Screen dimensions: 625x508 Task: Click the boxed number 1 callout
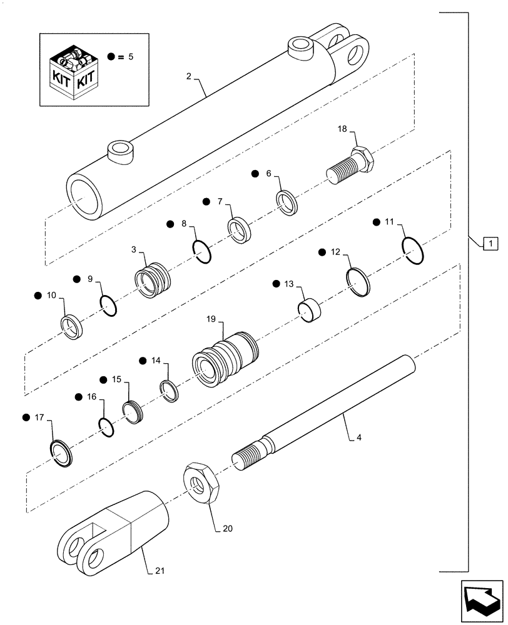coord(491,242)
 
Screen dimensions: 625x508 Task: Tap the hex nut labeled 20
coord(201,482)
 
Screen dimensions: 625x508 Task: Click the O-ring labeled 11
coord(414,251)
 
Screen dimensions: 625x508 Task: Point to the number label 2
coord(188,76)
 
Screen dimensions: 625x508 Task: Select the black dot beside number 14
coord(143,361)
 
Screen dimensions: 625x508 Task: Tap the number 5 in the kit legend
coord(130,56)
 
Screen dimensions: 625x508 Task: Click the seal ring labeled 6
coord(287,203)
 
